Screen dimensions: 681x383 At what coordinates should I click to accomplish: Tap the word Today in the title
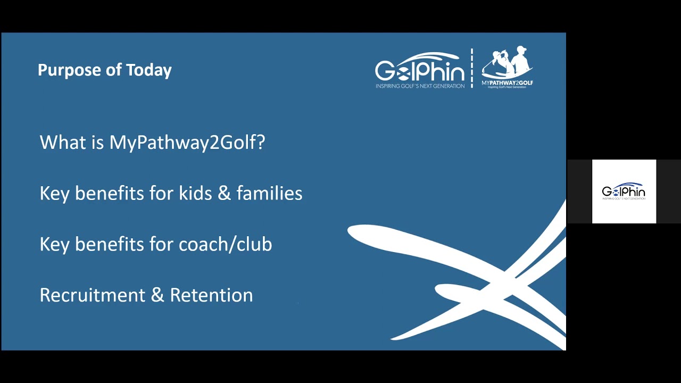pos(149,71)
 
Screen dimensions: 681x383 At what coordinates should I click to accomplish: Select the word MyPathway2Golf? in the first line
pos(187,142)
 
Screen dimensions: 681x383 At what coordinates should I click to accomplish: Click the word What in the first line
pos(63,142)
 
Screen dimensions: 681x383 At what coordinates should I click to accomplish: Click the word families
pos(269,193)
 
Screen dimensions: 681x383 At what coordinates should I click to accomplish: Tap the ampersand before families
pos(225,193)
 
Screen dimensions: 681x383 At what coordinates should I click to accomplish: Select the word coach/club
pos(225,244)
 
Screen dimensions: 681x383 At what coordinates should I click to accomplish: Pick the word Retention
pos(211,295)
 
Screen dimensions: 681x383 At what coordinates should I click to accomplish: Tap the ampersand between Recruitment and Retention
pos(157,295)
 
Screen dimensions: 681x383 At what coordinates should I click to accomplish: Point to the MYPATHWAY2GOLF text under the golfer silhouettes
pos(507,82)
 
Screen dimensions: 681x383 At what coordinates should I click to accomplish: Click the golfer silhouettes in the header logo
pos(507,62)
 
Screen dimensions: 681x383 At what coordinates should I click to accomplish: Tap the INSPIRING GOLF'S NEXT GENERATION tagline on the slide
pos(420,86)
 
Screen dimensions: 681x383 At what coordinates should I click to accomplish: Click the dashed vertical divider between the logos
pos(472,68)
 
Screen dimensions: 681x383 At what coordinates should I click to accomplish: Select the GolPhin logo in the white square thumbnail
pos(624,191)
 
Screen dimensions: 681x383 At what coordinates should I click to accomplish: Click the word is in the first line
pos(97,142)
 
